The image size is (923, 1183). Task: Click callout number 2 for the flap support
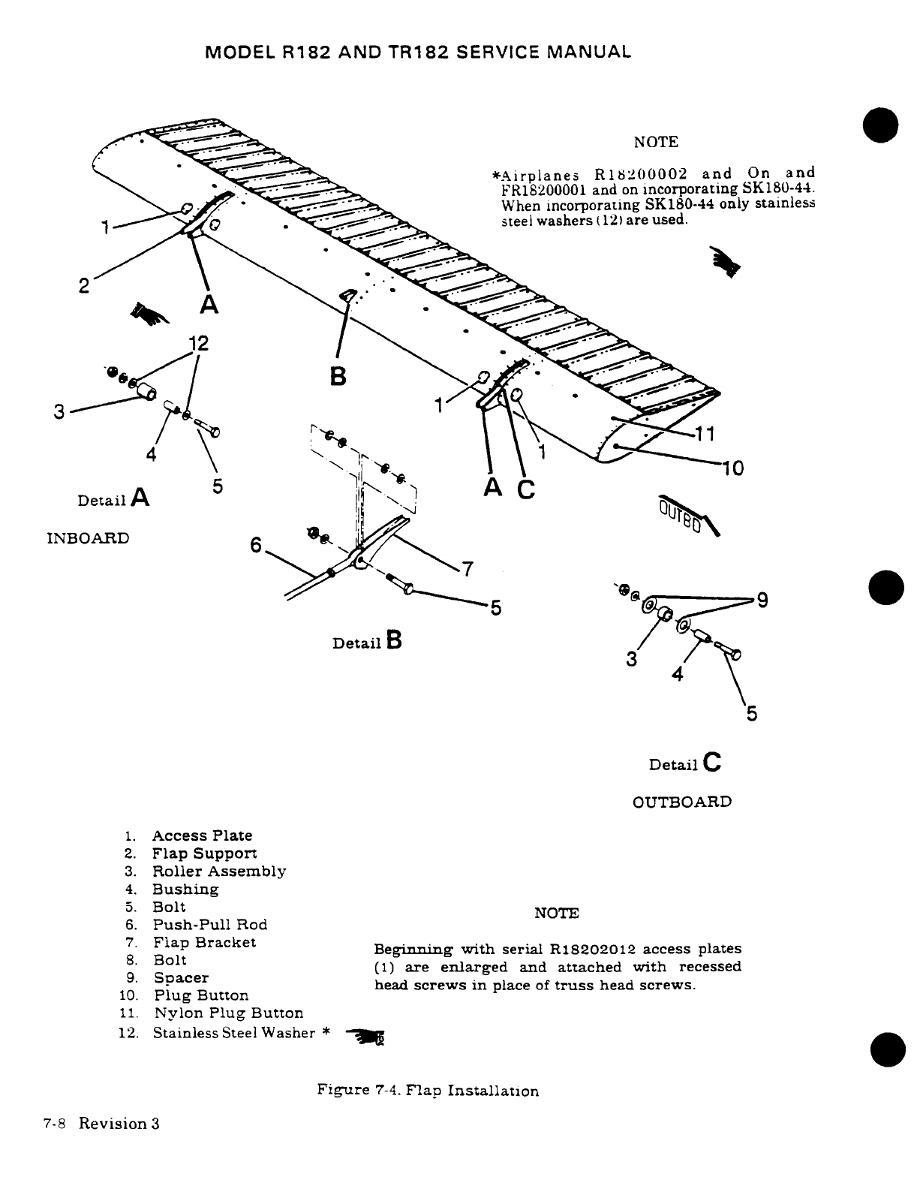click(x=84, y=286)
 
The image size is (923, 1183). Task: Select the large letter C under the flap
click(x=526, y=489)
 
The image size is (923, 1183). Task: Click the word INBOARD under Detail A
click(x=88, y=538)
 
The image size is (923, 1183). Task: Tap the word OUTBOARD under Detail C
click(x=681, y=802)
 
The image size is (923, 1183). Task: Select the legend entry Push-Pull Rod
click(x=210, y=925)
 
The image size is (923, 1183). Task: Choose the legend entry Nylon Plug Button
click(x=228, y=1013)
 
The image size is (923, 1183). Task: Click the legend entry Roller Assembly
click(x=218, y=871)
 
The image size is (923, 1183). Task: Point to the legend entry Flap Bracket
click(x=204, y=942)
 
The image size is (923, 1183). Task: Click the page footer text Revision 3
click(x=119, y=1124)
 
